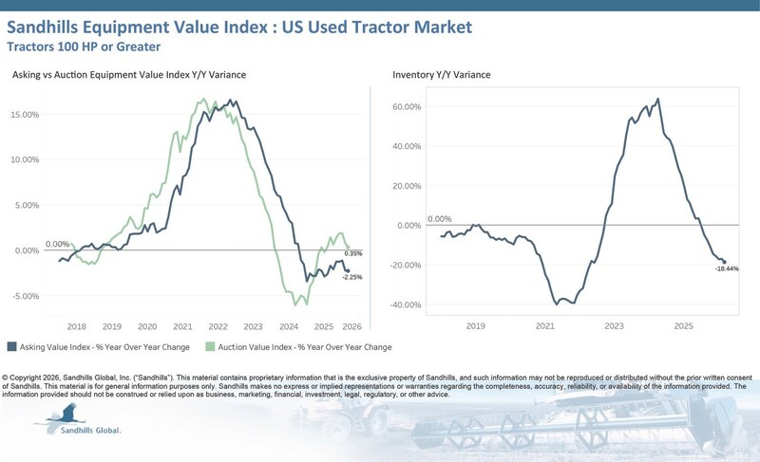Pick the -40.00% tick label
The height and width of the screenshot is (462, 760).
tap(404, 305)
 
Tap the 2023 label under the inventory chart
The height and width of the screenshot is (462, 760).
tap(614, 324)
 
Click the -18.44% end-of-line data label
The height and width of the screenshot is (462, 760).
tap(728, 269)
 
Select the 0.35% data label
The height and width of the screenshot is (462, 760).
tap(353, 254)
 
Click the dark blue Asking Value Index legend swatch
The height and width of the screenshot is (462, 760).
tap(10, 347)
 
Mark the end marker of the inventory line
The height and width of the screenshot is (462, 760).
tap(724, 262)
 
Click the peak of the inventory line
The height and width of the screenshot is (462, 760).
tap(658, 99)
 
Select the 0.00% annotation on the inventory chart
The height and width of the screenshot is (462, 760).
tap(439, 219)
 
